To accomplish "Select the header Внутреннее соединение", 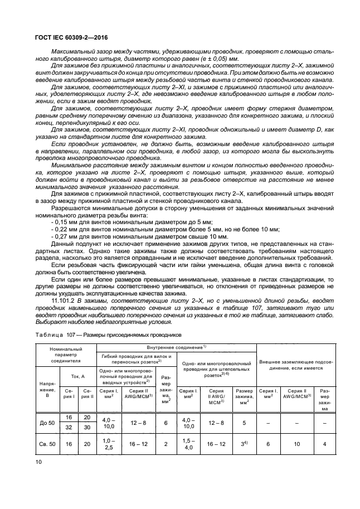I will coord(177,347).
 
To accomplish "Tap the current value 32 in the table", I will coord(69,428).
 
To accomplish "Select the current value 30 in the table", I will coord(86,428).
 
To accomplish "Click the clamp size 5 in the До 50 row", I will coord(242,423).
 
